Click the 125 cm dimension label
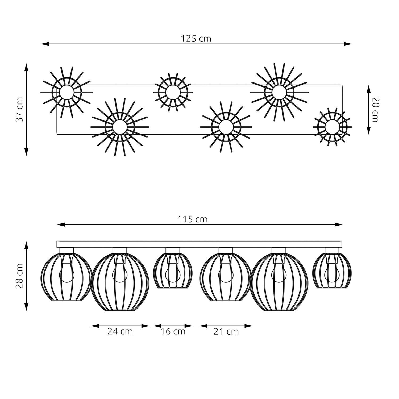click(x=196, y=39)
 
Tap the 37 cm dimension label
click(x=20, y=109)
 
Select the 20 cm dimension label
click(x=375, y=110)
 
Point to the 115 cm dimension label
click(x=192, y=219)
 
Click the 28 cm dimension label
click(x=20, y=276)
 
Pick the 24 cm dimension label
click(x=120, y=331)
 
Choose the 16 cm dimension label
click(x=173, y=331)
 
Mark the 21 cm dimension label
click(x=226, y=332)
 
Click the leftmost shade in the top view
click(x=66, y=92)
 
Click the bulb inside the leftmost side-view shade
click(x=66, y=274)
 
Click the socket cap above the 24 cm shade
click(x=120, y=251)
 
